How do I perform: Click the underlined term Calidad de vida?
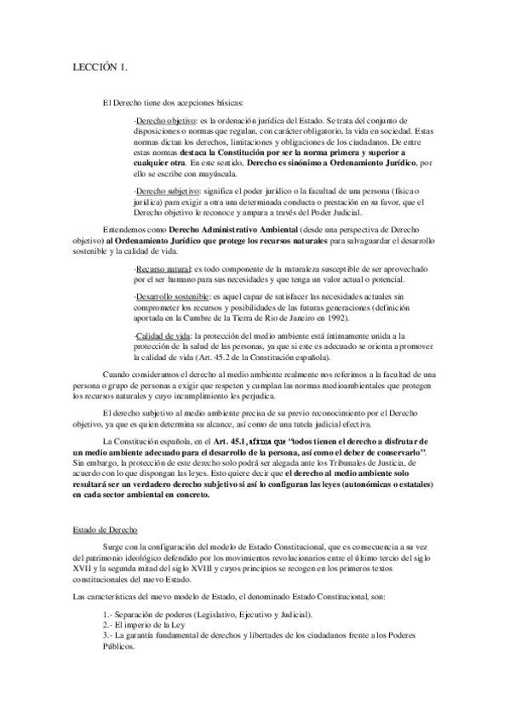point(162,337)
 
